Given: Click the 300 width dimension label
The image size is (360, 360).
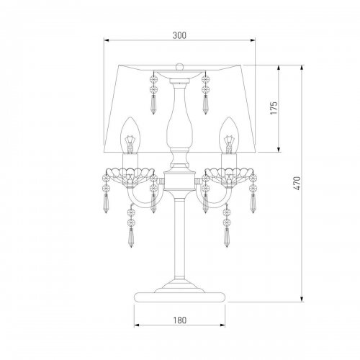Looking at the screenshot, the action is click(179, 35).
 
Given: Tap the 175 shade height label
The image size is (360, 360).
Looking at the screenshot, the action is click(274, 108).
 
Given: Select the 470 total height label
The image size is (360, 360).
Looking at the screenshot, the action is click(297, 184).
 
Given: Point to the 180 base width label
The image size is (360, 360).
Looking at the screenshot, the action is click(179, 320).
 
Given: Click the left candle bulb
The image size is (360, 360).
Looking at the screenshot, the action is click(130, 135).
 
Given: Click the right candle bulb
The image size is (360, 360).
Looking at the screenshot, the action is click(229, 135).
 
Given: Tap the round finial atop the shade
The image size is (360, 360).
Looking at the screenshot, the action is click(179, 66).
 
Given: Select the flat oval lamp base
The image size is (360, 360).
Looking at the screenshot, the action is click(179, 297).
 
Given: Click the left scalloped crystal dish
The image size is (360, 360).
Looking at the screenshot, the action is click(130, 176).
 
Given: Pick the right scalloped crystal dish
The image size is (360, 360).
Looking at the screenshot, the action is click(229, 176).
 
